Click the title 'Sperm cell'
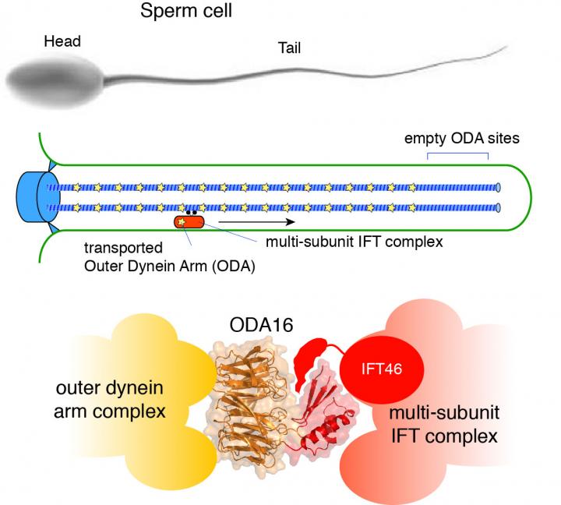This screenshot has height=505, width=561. (x=188, y=12)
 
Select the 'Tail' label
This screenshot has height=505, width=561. (x=289, y=48)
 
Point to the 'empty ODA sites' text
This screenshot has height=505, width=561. (x=461, y=138)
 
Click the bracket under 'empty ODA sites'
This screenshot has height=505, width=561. (x=457, y=153)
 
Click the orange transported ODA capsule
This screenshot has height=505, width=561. (x=189, y=222)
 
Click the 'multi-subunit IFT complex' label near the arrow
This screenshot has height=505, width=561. (x=355, y=242)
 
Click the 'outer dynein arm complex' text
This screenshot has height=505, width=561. (x=123, y=398)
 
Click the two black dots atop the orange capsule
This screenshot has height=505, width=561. (x=189, y=212)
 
